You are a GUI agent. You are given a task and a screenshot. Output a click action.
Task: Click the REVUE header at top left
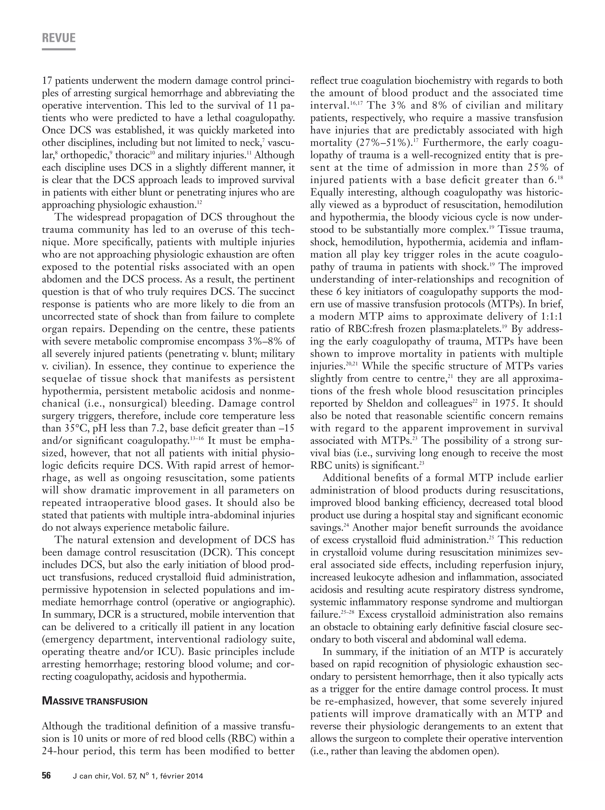pos(58,38)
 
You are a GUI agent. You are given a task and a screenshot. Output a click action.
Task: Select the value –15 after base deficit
pos(286,428)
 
